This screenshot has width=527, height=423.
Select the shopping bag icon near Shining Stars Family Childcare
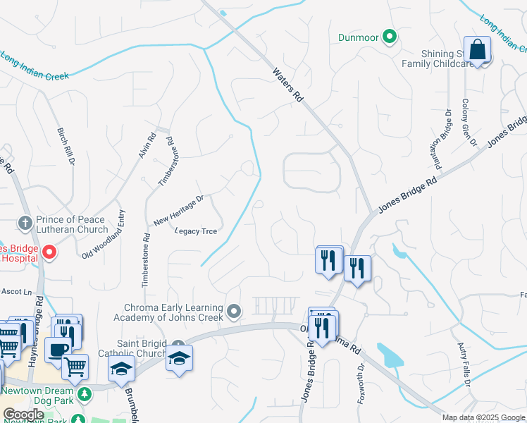(x=478, y=50)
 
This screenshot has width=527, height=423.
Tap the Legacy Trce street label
(x=195, y=231)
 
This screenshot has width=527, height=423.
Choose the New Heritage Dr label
(x=178, y=210)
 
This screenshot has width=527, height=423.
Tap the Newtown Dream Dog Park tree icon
(x=84, y=392)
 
